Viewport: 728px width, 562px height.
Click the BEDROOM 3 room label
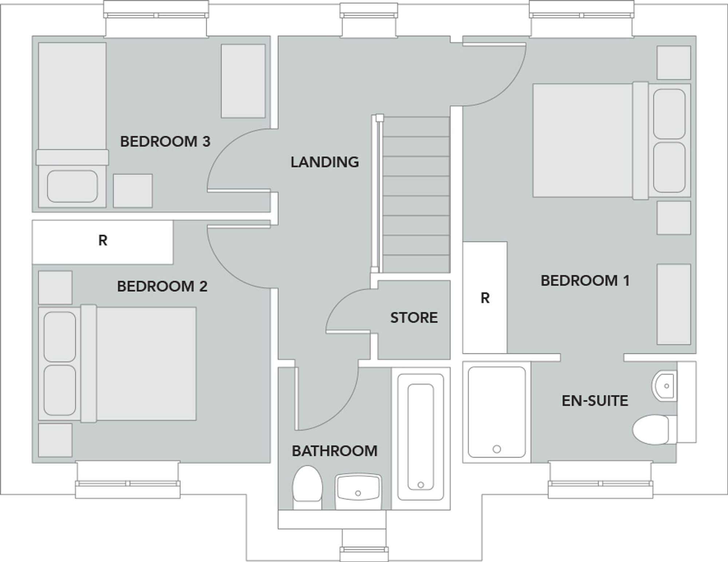click(x=165, y=142)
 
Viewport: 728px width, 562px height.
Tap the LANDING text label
click(x=324, y=162)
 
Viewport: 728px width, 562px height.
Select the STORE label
click(x=414, y=318)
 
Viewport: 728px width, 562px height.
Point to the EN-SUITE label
click(x=595, y=401)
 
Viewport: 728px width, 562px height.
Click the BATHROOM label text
click(x=335, y=451)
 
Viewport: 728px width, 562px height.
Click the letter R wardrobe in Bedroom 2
click(x=103, y=240)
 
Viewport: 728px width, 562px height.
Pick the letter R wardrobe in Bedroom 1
click(x=485, y=298)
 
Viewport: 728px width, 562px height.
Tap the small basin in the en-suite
click(x=664, y=386)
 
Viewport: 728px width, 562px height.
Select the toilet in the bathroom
click(x=308, y=486)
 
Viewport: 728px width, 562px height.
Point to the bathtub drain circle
click(x=421, y=485)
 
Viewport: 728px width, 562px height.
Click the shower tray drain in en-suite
click(x=496, y=449)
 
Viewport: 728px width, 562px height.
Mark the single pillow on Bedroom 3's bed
click(x=72, y=186)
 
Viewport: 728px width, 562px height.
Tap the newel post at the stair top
click(x=380, y=118)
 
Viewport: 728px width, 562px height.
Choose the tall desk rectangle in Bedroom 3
click(x=243, y=81)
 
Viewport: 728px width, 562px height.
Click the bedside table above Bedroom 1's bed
click(x=673, y=63)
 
